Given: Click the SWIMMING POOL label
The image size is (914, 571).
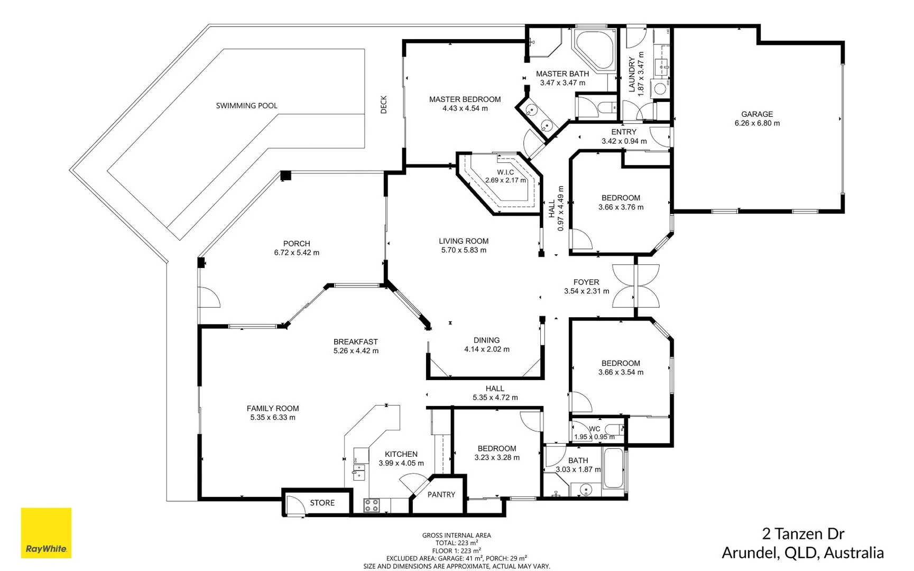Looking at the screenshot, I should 246,106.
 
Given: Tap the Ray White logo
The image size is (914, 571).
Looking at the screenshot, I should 46,533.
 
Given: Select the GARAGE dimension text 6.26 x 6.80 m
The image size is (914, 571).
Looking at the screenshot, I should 756,123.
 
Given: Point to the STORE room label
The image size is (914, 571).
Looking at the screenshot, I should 322,503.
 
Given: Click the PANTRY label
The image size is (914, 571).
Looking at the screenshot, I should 441,495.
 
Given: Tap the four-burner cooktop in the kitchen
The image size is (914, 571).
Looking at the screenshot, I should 372,505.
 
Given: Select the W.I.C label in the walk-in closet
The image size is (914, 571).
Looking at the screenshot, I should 505,172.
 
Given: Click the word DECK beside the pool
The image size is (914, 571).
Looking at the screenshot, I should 384,105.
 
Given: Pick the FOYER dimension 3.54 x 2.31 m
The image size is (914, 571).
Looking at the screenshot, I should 586,291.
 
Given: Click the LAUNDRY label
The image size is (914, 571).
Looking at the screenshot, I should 632,75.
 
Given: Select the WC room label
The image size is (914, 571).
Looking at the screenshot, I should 594,429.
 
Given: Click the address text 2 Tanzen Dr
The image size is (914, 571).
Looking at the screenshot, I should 802,533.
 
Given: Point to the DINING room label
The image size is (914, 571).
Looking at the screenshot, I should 486,340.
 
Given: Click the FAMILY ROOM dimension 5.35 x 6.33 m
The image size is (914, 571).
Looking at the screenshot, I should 273,418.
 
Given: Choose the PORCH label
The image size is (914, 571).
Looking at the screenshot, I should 296,244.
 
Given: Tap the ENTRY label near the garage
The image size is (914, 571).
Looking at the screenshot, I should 624,132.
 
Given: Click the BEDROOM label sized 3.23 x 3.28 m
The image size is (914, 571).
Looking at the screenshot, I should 496,448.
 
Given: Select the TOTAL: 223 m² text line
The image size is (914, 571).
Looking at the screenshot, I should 456,543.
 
